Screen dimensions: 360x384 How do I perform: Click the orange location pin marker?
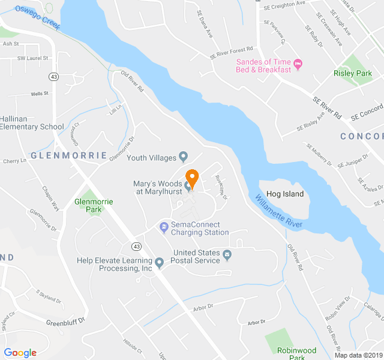[192, 178]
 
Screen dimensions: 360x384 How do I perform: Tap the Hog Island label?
[285, 194]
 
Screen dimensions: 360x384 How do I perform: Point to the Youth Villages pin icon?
[184, 158]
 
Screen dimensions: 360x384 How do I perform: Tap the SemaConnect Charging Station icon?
[163, 227]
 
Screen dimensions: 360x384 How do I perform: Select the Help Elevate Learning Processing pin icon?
[159, 263]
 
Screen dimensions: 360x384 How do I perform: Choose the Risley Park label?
[353, 73]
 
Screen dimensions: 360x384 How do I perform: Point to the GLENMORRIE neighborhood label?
[68, 155]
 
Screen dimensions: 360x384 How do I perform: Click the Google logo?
[20, 353]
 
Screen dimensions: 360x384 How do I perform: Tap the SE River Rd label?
[327, 107]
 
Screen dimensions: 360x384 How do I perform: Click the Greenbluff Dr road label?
[66, 322]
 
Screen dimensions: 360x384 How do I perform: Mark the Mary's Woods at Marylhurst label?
[157, 187]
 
